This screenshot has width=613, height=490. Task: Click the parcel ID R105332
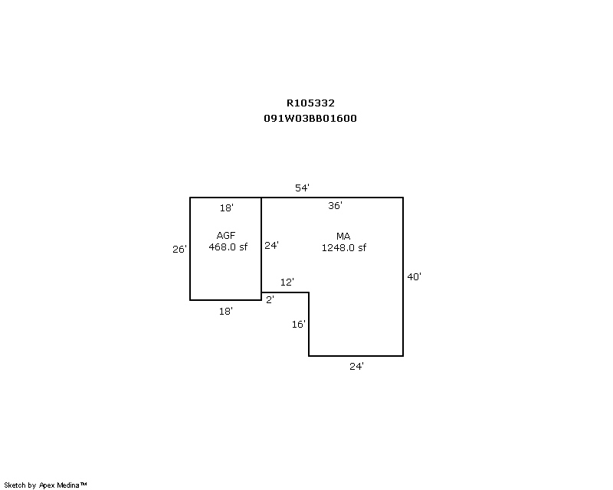pos(310,103)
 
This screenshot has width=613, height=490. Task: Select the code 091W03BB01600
pos(310,119)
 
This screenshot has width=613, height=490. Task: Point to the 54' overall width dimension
pos(302,188)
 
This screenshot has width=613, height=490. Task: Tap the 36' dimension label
pos(335,205)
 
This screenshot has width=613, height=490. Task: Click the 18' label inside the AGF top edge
pos(226,208)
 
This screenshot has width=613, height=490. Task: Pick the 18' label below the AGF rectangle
pos(226,312)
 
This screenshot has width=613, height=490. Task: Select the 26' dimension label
pos(179,250)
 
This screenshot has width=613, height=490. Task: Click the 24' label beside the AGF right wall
pos(271,246)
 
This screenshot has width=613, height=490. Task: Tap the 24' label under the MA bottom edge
pos(356,367)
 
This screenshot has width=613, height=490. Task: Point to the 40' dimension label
pos(414,277)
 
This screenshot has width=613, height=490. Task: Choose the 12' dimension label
pos(287,282)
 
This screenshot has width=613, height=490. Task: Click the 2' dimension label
pos(270,299)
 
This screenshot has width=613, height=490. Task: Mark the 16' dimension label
pos(299,325)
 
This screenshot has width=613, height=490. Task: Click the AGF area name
pos(226,236)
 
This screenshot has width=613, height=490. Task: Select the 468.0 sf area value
pos(228,247)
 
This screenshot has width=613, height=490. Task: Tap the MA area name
pos(343,237)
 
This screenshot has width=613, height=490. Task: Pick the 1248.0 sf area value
pos(344,248)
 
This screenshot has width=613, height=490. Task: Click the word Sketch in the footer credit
pos(15,485)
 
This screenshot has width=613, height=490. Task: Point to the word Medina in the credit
pos(68,485)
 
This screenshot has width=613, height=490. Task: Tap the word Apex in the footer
pos(47,485)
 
